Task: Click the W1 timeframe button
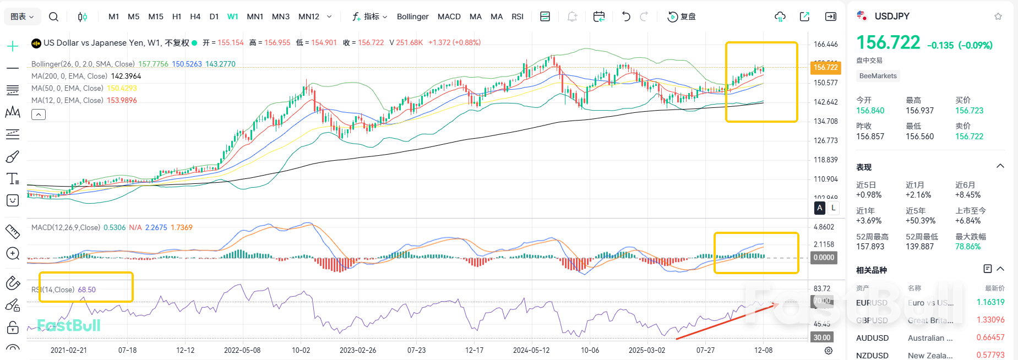tap(232, 17)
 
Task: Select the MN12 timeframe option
tap(308, 17)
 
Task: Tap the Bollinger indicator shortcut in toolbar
tap(412, 17)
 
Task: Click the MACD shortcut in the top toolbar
tap(449, 17)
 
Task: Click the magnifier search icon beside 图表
tap(53, 17)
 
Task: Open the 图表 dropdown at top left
tap(22, 17)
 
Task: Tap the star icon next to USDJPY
tap(998, 17)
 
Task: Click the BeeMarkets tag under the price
tap(878, 76)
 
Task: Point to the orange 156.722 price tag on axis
tap(825, 67)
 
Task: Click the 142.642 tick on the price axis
tap(825, 102)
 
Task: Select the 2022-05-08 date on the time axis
tap(242, 350)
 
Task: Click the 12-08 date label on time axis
tap(763, 350)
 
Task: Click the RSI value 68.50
tap(86, 290)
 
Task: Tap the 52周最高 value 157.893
tap(870, 247)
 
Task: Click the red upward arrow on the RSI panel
tap(727, 321)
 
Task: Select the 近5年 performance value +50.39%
tap(920, 221)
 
